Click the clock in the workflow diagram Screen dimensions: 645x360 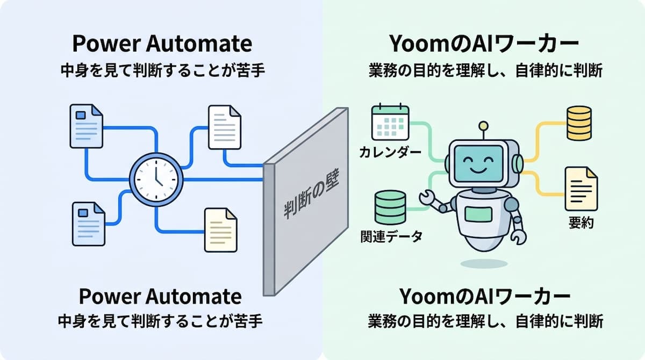pos(156,179)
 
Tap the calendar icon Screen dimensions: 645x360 pos(390,121)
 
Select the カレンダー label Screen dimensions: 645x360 pos(390,152)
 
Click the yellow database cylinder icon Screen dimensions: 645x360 pos(579,123)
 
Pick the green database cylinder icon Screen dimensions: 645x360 pos(390,207)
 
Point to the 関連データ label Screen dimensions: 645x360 pos(392,237)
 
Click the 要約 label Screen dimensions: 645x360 pos(581,223)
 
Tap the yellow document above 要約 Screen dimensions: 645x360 pos(581,189)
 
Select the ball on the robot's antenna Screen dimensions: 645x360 pos(483,126)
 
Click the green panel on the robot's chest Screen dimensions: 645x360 pos(478,214)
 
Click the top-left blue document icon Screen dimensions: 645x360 pos(86,126)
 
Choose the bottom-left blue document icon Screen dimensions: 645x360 pos(88,224)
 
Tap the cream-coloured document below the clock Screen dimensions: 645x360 pos(220,230)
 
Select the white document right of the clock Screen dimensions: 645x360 pos(225,127)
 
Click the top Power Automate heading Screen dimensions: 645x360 pos(162,44)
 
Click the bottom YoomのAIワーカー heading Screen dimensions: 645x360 pos(485,297)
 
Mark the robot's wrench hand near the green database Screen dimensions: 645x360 pos(426,198)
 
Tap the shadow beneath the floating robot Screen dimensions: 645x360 pos(484,264)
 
